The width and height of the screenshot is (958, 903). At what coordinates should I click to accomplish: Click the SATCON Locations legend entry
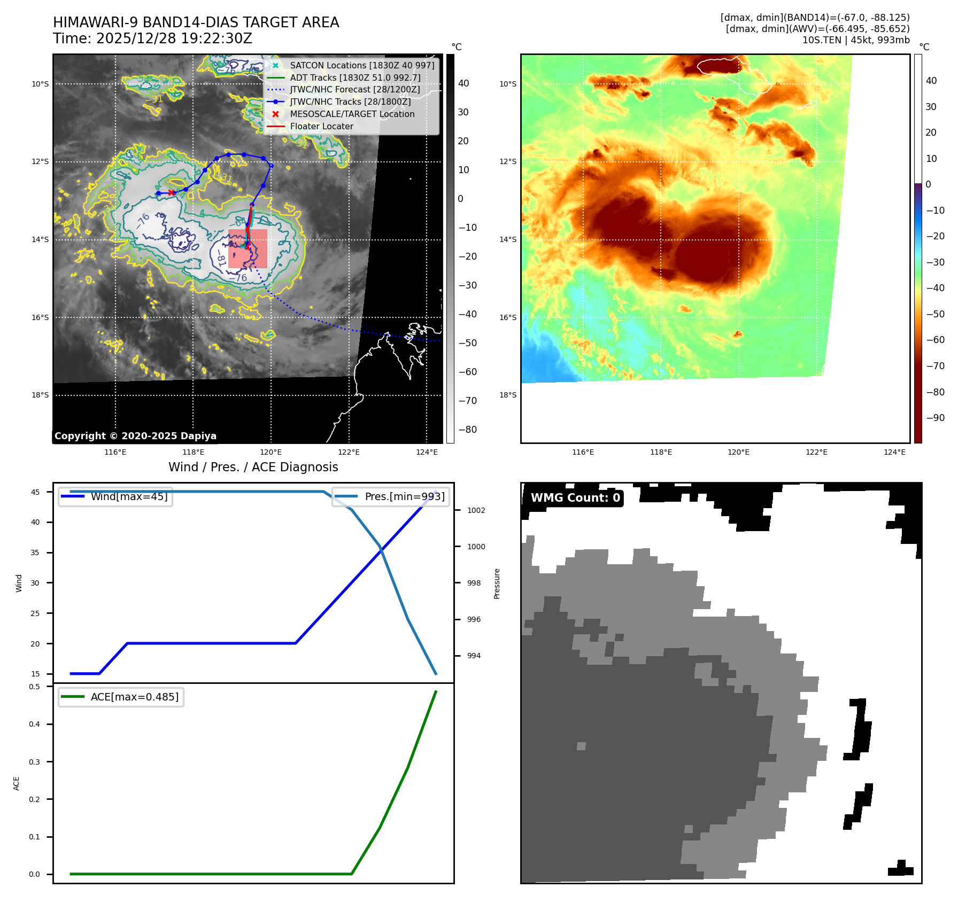[x=362, y=65]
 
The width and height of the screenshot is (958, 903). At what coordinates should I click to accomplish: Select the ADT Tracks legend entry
[x=355, y=77]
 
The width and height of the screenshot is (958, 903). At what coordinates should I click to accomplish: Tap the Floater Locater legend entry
[x=321, y=127]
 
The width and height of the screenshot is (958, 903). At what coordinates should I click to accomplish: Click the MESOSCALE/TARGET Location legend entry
[x=352, y=114]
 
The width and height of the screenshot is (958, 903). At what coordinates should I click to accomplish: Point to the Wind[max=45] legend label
[x=129, y=496]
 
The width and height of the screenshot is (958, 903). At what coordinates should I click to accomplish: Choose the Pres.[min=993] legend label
[x=404, y=496]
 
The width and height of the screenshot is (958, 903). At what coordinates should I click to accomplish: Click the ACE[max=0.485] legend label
[x=135, y=697]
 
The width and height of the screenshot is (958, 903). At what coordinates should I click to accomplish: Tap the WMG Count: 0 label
[x=575, y=498]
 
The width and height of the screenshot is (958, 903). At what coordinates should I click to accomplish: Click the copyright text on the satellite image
[x=135, y=436]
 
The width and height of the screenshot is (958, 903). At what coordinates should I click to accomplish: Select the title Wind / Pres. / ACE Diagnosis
[x=253, y=467]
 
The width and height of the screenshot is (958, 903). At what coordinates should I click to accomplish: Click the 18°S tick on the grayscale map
[x=40, y=395]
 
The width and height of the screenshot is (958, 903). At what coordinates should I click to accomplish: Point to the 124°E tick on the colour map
[x=894, y=453]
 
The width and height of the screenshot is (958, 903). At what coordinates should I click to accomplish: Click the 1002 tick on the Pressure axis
[x=476, y=510]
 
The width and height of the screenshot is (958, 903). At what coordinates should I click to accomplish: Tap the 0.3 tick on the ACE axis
[x=35, y=762]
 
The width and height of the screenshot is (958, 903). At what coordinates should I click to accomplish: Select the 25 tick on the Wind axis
[x=35, y=613]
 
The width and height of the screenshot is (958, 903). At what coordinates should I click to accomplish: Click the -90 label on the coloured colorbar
[x=935, y=418]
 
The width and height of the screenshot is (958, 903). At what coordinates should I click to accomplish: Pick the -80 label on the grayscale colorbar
[x=467, y=430]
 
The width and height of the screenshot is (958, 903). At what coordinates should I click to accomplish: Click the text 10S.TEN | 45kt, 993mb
[x=855, y=40]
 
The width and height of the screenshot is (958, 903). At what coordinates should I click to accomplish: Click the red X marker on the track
[x=171, y=192]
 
